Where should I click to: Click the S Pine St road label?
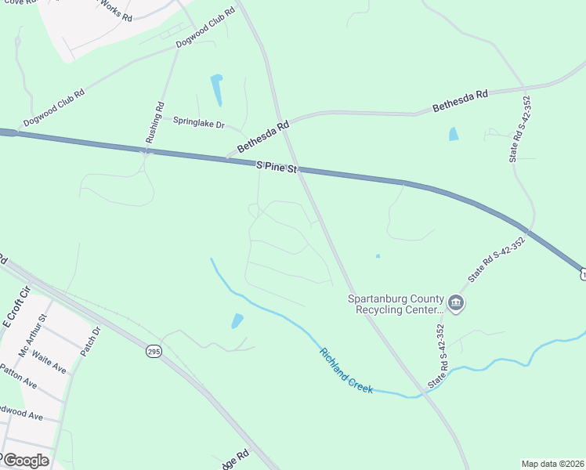pyautogui.click(x=278, y=167)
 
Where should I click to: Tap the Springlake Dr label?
pyautogui.click(x=198, y=124)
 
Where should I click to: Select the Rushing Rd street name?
pyautogui.click(x=154, y=122)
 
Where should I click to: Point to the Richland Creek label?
pyautogui.click(x=345, y=370)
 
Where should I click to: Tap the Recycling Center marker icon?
pyautogui.click(x=457, y=302)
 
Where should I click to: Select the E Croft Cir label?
pyautogui.click(x=15, y=306)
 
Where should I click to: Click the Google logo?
pyautogui.click(x=25, y=461)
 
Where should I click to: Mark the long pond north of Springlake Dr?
pyautogui.click(x=216, y=90)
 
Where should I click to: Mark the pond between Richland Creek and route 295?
pyautogui.click(x=237, y=320)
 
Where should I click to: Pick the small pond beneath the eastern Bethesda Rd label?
pyautogui.click(x=454, y=133)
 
